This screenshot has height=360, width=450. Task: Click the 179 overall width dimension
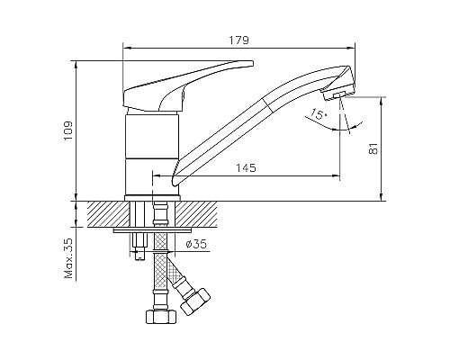(238, 40)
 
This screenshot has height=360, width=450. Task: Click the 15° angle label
(317, 113)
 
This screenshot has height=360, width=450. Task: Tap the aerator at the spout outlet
(339, 95)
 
